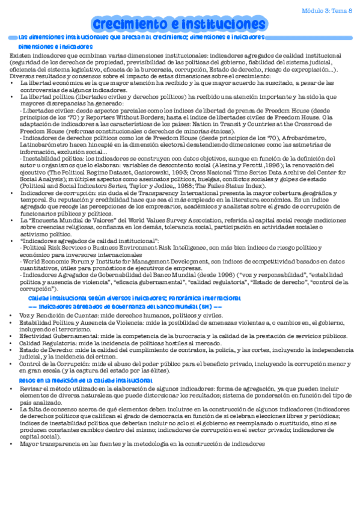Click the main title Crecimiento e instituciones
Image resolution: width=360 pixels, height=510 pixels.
pyautogui.click(x=175, y=24)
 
